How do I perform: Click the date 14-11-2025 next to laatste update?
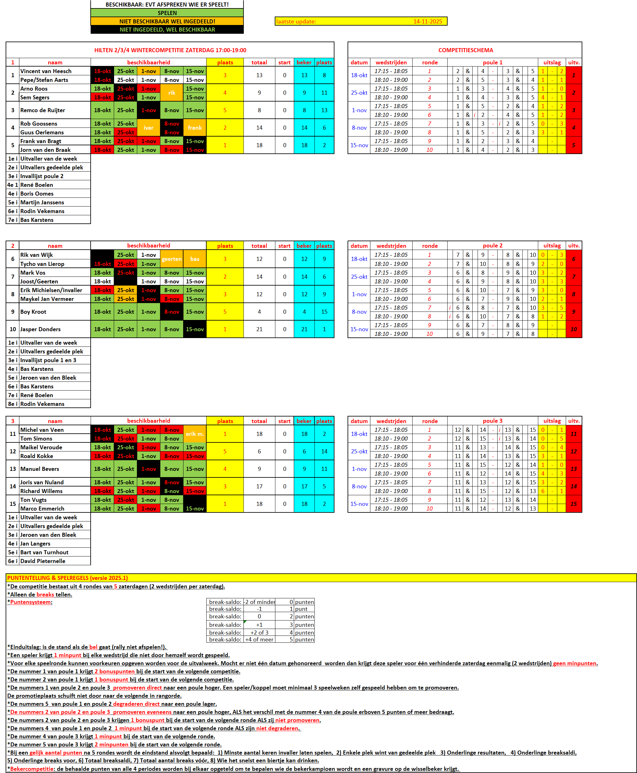(x=428, y=22)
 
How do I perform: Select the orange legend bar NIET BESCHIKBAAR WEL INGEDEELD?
(x=167, y=22)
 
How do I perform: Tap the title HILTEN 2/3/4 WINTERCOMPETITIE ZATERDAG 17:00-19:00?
(x=170, y=50)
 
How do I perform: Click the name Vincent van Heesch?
(x=46, y=71)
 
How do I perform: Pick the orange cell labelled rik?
(x=172, y=93)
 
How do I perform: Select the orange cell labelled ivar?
(x=148, y=128)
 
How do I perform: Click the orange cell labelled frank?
(x=195, y=128)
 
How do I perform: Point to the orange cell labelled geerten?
(x=172, y=259)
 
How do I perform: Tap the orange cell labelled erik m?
(x=195, y=434)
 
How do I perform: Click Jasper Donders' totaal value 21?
(x=259, y=329)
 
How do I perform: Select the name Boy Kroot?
(x=33, y=312)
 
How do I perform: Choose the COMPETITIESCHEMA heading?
(x=465, y=50)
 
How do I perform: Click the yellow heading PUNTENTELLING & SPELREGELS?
(x=68, y=578)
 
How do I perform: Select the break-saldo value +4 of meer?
(x=259, y=640)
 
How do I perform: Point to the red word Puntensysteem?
(x=31, y=602)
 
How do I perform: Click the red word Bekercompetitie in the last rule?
(x=32, y=769)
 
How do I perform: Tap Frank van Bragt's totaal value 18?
(x=259, y=145)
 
